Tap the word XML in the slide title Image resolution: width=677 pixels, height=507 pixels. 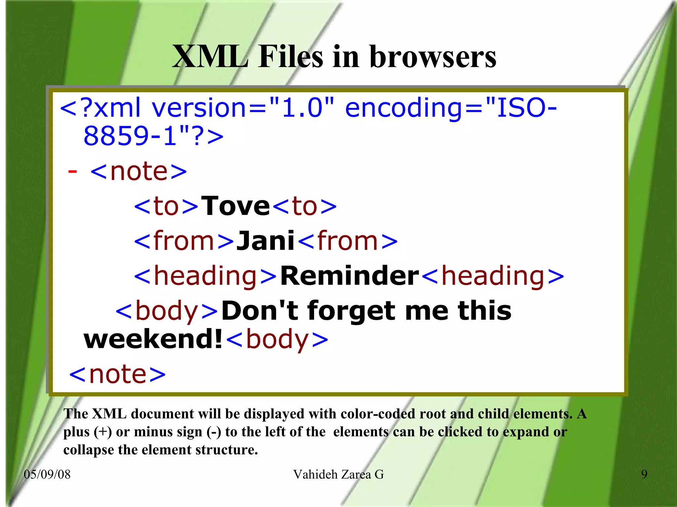point(210,57)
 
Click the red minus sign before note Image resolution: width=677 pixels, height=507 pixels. point(72,171)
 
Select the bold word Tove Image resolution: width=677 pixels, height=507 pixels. point(235,206)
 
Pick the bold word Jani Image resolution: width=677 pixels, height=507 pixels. point(266,241)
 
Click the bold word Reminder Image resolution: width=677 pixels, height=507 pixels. point(349,276)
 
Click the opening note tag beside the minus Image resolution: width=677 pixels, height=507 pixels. point(139,171)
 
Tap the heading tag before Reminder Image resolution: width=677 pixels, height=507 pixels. point(205,276)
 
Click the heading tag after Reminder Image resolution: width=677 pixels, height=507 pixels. point(493,276)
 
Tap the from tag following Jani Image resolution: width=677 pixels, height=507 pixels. point(347,241)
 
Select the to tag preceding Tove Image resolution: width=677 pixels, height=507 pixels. point(166,206)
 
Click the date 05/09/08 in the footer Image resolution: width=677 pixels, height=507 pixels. point(47,474)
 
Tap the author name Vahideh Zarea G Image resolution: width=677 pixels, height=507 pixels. point(338,474)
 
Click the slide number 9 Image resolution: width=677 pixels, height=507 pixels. point(644,474)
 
